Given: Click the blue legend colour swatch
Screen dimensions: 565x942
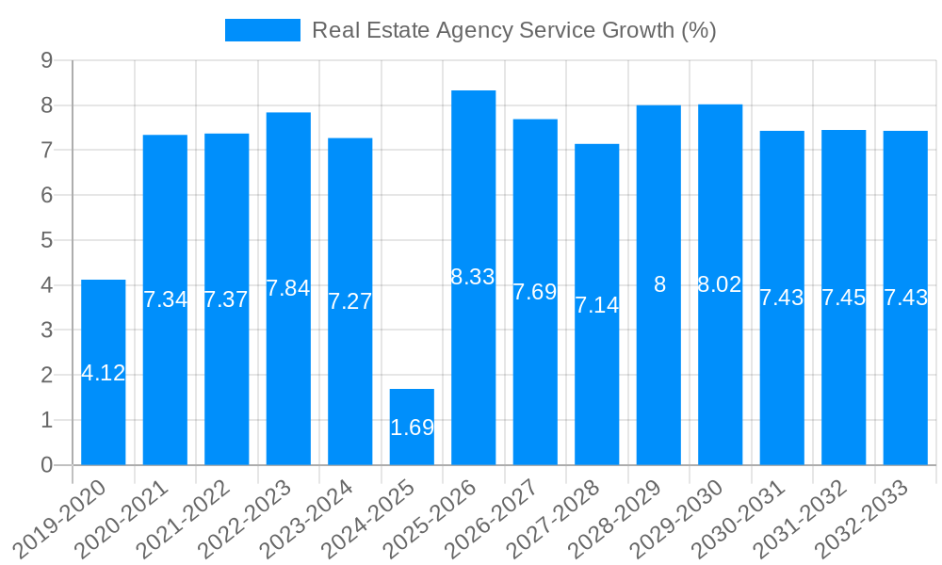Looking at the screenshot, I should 262,30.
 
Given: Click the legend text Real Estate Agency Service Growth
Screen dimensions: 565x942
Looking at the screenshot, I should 513,30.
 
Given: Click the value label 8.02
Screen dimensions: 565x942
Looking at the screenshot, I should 720,284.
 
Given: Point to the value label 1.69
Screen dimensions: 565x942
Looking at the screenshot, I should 412,428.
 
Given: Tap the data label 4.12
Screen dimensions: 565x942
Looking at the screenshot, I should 104,373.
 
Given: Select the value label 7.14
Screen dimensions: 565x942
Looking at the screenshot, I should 597,305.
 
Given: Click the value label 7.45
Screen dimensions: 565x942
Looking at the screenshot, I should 843,298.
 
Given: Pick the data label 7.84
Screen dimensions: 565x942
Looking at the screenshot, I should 288,288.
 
